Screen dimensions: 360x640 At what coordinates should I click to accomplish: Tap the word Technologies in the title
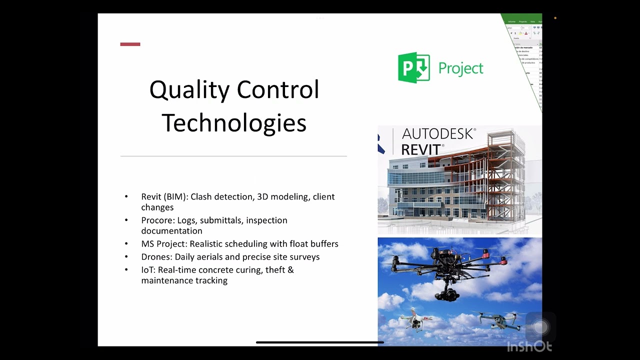[234, 122]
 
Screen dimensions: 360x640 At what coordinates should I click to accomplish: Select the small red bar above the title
[130, 44]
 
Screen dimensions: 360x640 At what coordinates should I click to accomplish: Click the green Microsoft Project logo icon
[413, 67]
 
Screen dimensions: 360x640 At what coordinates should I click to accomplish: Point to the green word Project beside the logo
[460, 68]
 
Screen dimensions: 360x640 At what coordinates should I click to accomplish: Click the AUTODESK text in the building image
[438, 134]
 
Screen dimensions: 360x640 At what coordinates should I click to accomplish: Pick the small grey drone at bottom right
[493, 319]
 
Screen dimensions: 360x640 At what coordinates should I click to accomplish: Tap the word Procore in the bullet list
[157, 220]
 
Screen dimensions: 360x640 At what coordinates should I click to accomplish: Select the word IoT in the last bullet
[147, 270]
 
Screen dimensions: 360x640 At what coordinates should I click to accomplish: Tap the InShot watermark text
[529, 346]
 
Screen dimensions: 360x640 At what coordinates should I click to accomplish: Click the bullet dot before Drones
[126, 257]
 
